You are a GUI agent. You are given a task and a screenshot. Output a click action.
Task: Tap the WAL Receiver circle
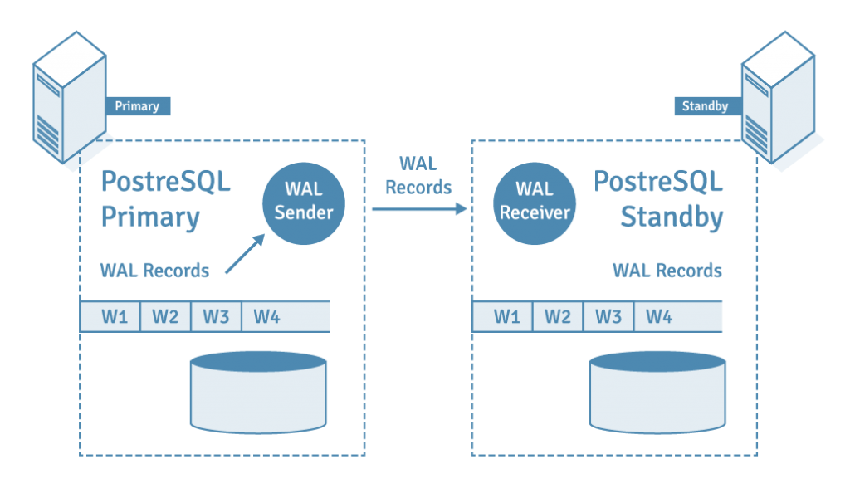pos(535,202)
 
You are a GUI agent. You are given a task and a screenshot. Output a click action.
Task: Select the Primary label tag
pos(137,106)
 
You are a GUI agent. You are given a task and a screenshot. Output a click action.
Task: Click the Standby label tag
pos(705,106)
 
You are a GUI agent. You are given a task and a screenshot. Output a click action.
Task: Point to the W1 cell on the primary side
pos(110,316)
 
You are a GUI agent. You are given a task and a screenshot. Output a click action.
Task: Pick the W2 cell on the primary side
pos(165,316)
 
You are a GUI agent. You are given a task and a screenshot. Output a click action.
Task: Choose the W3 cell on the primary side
pos(216,316)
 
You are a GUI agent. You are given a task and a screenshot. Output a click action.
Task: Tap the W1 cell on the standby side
pos(502,316)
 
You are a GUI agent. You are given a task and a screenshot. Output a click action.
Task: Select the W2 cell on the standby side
pos(557,316)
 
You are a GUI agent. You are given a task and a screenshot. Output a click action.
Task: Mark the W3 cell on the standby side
pos(608,316)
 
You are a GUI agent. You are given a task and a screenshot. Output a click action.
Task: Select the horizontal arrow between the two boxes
pos(419,209)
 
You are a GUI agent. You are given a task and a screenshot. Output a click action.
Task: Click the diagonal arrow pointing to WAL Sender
pos(245,253)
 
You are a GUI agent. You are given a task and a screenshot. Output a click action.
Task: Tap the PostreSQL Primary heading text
pos(165,199)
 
